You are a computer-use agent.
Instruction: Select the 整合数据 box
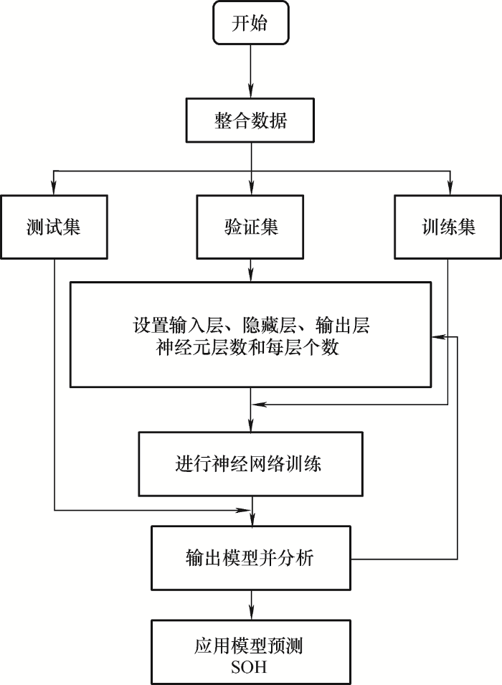tap(250, 121)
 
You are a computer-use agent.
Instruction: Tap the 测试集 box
tap(54, 227)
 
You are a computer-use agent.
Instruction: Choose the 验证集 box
tap(250, 227)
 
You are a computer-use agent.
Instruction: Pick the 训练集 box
tap(448, 227)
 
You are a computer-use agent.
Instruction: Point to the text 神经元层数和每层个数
tap(250, 349)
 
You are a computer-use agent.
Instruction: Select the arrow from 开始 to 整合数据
tap(250, 72)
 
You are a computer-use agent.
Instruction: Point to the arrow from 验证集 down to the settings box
tap(250, 270)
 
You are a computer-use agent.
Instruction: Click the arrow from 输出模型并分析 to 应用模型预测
tap(250, 603)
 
